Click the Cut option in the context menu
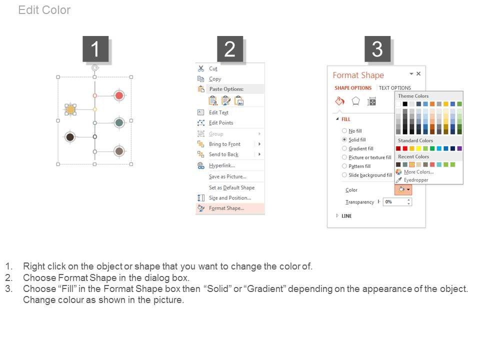(x=213, y=68)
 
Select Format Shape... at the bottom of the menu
(x=226, y=208)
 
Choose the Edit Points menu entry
(x=221, y=123)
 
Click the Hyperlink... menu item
(x=222, y=165)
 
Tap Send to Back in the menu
(x=224, y=154)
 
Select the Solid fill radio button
(x=344, y=139)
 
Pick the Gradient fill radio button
(x=344, y=148)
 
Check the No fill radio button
(x=344, y=130)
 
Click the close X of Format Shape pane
(x=418, y=74)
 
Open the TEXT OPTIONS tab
(x=395, y=88)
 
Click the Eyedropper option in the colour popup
(x=416, y=180)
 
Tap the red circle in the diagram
(x=119, y=95)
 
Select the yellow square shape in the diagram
(x=70, y=109)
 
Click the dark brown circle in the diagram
(x=70, y=137)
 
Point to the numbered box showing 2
(x=230, y=49)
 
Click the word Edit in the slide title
(x=28, y=10)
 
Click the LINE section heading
(x=346, y=216)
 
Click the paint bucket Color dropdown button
(x=403, y=190)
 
